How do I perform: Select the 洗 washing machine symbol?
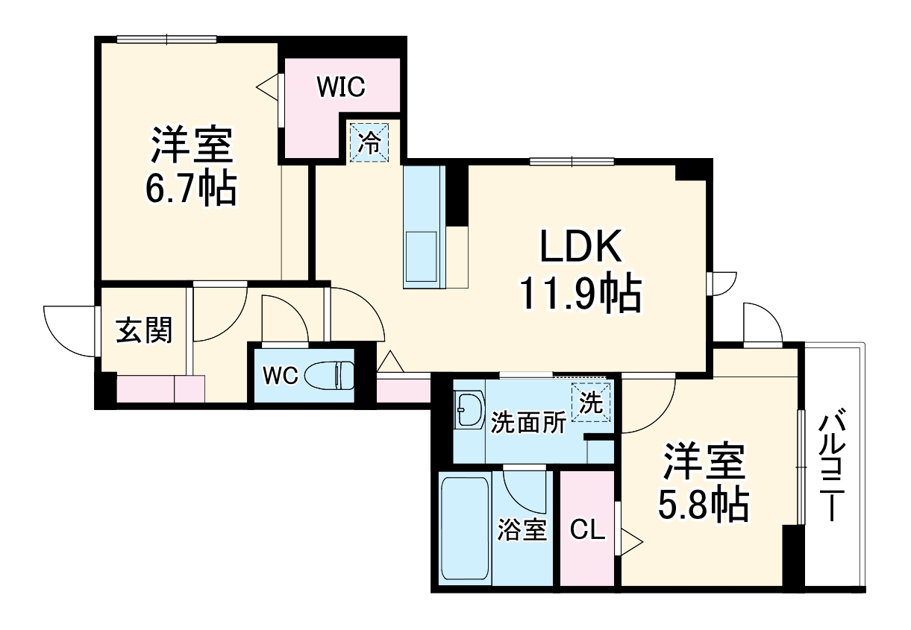(591, 403)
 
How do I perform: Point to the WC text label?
(281, 376)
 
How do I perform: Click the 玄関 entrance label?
(144, 330)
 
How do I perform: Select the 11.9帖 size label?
(580, 295)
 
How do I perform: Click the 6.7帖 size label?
(191, 189)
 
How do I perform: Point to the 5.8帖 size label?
(702, 505)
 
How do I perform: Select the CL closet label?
(587, 530)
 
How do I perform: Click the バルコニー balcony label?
(831, 466)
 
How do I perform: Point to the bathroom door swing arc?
(522, 488)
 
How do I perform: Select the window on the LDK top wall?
(572, 161)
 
